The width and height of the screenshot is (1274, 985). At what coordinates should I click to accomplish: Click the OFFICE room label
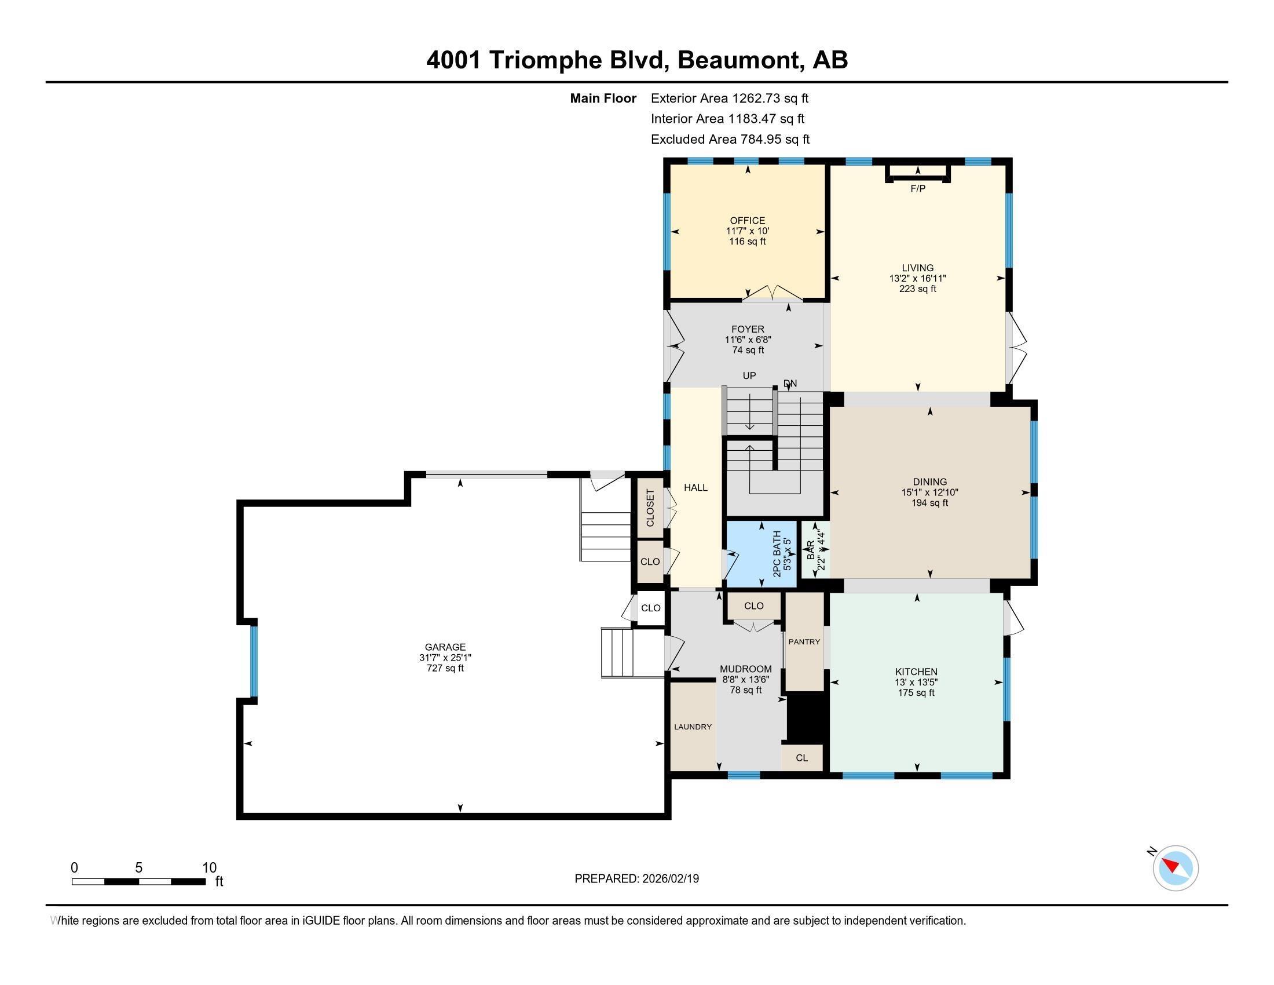point(747,221)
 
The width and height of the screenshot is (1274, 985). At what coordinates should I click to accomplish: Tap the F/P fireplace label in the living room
point(918,188)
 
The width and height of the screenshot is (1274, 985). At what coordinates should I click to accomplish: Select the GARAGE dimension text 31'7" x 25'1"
point(445,658)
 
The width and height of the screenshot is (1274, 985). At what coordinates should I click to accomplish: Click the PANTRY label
point(804,642)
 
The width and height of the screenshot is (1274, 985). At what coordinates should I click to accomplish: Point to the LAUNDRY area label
point(693,727)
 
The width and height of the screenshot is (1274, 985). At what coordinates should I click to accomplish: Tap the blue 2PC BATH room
point(762,554)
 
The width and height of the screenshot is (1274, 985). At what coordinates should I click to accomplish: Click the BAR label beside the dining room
point(810,551)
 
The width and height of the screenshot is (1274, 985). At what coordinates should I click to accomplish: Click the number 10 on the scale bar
point(209,868)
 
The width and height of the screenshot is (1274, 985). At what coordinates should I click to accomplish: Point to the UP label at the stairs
point(749,376)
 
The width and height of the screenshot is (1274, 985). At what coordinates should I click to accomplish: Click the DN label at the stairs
point(790,384)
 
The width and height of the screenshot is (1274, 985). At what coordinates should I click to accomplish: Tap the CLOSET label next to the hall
point(650,507)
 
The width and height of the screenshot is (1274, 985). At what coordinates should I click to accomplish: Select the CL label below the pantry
point(801,758)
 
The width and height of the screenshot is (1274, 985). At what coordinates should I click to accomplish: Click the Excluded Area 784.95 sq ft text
point(730,140)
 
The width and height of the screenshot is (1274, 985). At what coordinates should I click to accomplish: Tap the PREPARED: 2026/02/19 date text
point(636,879)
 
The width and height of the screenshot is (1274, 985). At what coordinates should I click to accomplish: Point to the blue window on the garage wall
point(254,661)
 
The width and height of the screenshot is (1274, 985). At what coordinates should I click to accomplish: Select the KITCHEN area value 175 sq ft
point(916,692)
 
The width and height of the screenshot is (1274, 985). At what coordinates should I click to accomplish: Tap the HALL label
point(695,487)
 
